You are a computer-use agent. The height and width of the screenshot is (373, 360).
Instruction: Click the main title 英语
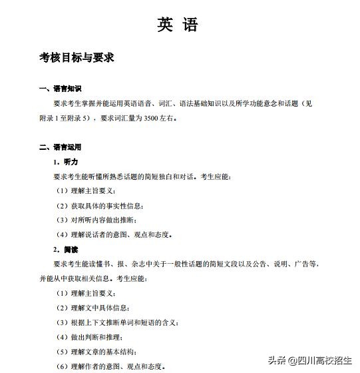tap(178, 25)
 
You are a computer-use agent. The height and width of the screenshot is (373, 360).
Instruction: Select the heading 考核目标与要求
tap(77, 58)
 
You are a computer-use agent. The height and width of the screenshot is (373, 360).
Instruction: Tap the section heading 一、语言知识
tap(65, 89)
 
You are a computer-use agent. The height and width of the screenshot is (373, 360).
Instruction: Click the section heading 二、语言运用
tap(65, 147)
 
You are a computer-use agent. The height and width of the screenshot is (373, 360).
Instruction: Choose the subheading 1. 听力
tap(67, 162)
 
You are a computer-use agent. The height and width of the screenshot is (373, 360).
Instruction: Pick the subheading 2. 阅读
tap(67, 249)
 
